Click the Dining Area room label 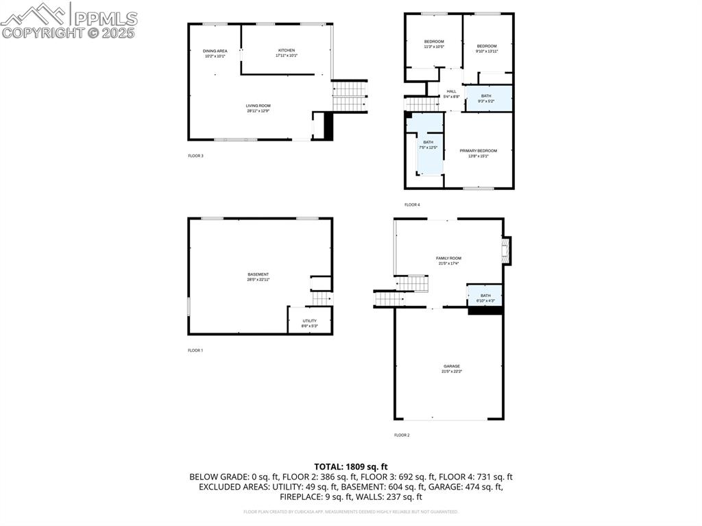215,53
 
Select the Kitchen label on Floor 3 286,53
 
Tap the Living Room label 258,108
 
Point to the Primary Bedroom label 478,153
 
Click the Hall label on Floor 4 451,94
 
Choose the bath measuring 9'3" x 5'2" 486,98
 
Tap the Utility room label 310,323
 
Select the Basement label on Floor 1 258,276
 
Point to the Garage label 451,368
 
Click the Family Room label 448,261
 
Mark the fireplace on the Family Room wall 507,251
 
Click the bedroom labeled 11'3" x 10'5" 434,44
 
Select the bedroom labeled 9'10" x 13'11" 487,48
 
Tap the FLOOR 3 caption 195,156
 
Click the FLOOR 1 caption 195,350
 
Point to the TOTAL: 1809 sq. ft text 350,466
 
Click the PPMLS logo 69,21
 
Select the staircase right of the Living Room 350,95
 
